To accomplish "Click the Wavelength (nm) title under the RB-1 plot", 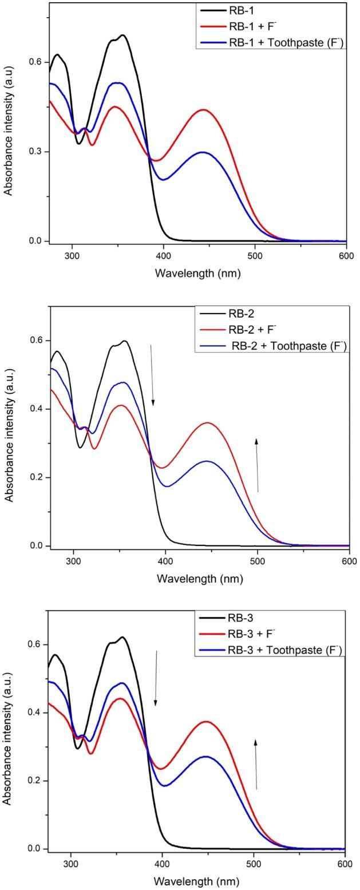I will [x=197, y=273].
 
